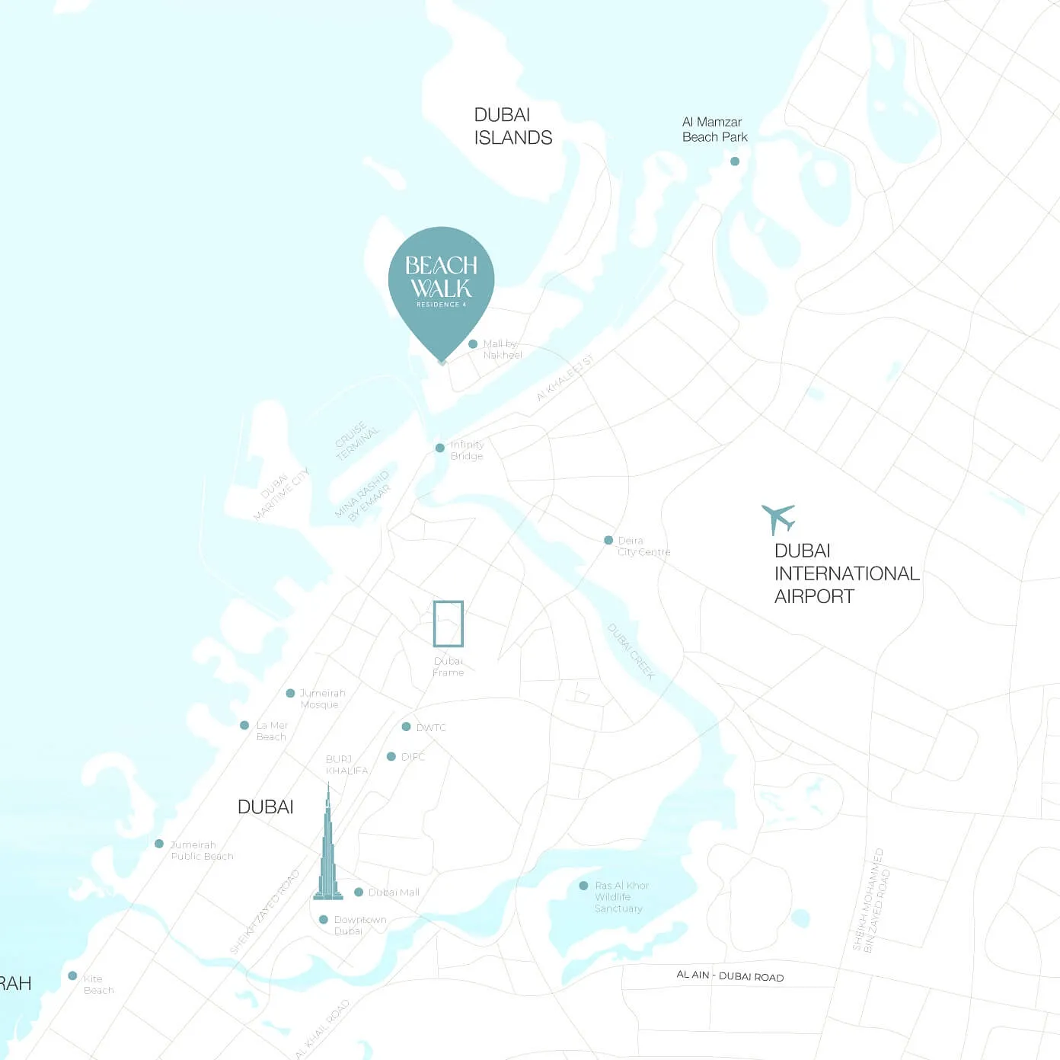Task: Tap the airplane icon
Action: click(778, 519)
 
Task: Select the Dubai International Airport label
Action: click(846, 573)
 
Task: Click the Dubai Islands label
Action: click(512, 126)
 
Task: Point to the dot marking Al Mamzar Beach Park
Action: click(735, 161)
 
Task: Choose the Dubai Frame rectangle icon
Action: click(449, 624)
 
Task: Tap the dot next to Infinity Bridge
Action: click(439, 448)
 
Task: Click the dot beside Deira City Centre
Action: click(608, 540)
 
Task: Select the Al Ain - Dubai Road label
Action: click(730, 976)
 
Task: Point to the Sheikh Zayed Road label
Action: click(264, 912)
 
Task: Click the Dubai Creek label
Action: click(631, 651)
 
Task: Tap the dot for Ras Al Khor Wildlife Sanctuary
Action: click(583, 886)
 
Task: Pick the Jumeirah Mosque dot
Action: click(290, 693)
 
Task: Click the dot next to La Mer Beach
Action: click(244, 725)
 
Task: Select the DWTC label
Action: click(431, 727)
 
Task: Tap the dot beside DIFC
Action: click(391, 756)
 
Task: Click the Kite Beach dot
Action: click(72, 975)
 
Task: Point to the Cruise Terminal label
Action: click(356, 441)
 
